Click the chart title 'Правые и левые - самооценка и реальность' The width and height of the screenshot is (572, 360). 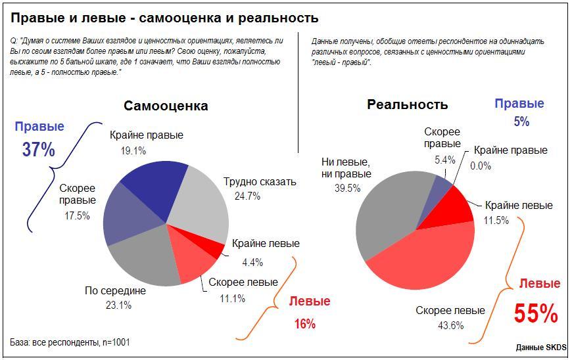tap(165, 18)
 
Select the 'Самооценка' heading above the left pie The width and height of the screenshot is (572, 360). tap(166, 106)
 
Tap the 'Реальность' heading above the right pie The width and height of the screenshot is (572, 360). tap(408, 104)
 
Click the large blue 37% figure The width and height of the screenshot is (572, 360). tap(39, 149)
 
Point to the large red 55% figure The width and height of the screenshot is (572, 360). tap(536, 314)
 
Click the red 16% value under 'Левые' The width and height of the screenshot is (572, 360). tap(304, 323)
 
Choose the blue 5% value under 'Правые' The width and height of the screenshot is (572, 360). tap(521, 122)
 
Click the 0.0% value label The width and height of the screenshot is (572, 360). tap(481, 166)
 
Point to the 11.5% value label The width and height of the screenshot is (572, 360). tap(496, 221)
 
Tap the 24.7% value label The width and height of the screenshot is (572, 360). tap(247, 196)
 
